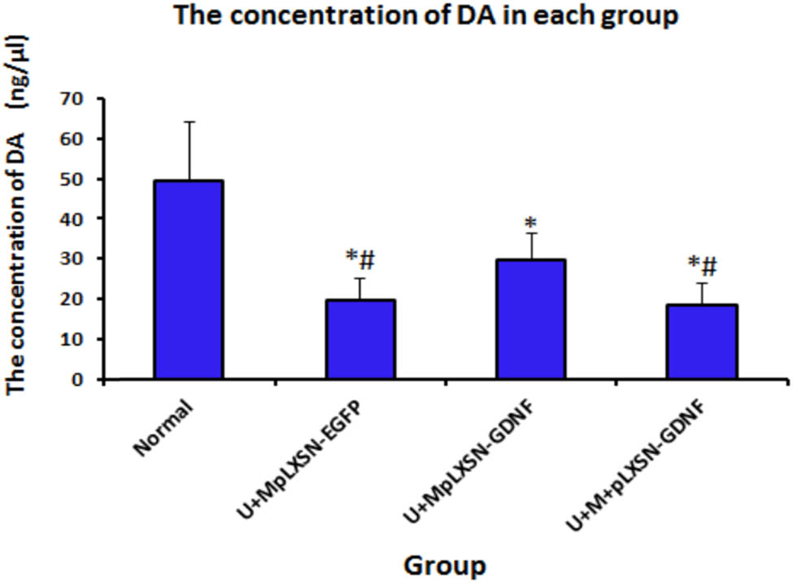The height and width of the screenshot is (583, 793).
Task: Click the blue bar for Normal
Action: pos(189,280)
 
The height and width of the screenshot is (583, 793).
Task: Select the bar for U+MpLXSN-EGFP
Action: pos(360,339)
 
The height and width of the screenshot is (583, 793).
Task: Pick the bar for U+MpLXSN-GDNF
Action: pos(531,319)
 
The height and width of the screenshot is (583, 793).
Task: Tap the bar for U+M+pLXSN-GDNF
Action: pos(702,342)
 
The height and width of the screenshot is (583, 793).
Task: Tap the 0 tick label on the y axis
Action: pos(81,379)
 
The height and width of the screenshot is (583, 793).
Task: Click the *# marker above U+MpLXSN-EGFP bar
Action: pos(359,258)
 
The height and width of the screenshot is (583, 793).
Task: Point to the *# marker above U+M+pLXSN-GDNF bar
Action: pos(702,265)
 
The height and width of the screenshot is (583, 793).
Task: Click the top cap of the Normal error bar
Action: pos(189,122)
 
